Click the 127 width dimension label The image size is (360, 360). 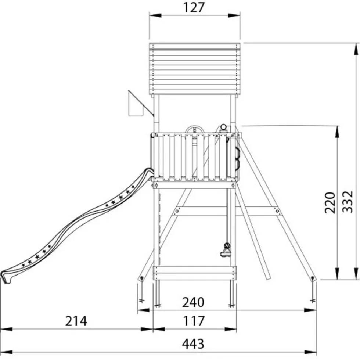click(194, 7)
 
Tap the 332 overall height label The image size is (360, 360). click(348, 202)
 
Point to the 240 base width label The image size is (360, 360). click(193, 302)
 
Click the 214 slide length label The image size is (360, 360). click(76, 321)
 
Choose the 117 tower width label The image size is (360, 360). click(194, 321)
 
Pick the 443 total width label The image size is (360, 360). click(193, 344)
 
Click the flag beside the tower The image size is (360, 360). click(136, 103)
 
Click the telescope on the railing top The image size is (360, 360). click(223, 128)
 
